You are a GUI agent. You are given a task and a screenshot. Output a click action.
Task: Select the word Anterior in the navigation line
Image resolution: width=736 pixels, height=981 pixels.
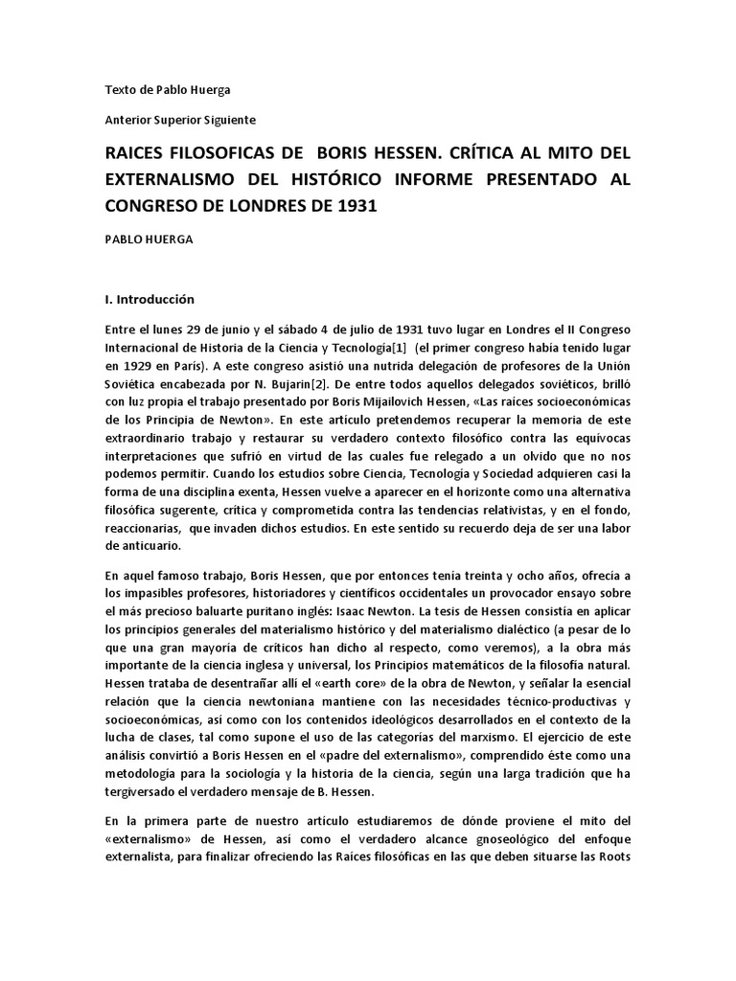point(126,119)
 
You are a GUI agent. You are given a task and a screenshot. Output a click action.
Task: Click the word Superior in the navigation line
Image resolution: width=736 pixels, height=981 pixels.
point(177,119)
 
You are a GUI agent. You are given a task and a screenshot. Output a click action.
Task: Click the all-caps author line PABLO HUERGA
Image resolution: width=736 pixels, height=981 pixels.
point(148,240)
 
